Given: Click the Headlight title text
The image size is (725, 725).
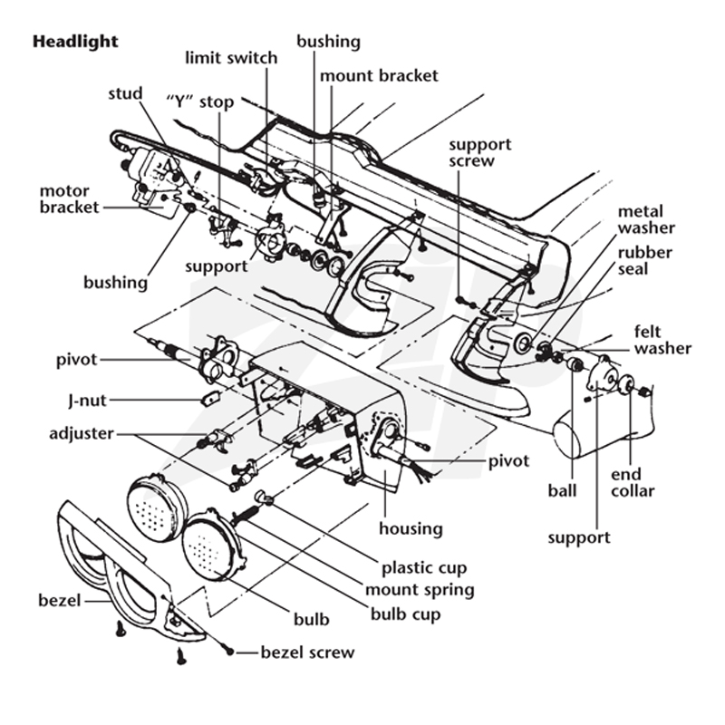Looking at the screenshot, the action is (x=75, y=42).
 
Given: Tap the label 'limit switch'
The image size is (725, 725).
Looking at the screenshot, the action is (x=231, y=58).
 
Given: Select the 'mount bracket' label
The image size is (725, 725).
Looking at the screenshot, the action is (x=379, y=75).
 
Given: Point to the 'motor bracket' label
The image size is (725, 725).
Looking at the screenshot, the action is (x=70, y=198).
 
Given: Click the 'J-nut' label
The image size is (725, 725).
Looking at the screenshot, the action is (x=87, y=401).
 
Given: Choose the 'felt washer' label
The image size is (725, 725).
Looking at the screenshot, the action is (x=662, y=340).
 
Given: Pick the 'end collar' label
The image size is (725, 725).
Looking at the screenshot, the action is (x=633, y=483).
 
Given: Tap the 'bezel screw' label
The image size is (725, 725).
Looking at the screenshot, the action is (x=307, y=652).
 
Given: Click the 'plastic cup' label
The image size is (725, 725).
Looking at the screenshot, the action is (x=424, y=568).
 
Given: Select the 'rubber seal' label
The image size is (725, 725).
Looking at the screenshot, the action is (x=644, y=261).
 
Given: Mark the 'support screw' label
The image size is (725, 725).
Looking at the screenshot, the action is (x=480, y=152).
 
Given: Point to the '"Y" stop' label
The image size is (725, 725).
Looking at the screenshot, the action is (x=199, y=101).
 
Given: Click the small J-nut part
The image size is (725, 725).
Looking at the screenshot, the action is (x=211, y=397).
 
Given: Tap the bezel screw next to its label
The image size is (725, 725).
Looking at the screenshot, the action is (x=229, y=651).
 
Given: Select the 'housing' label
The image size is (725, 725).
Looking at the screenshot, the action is (x=411, y=528).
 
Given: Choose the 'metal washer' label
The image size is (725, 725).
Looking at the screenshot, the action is (x=646, y=219).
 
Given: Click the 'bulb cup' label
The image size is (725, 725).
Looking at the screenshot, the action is (x=405, y=614).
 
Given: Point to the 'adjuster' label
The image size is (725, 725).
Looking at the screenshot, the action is (x=82, y=434).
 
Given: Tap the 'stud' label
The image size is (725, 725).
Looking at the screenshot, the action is (x=125, y=93).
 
